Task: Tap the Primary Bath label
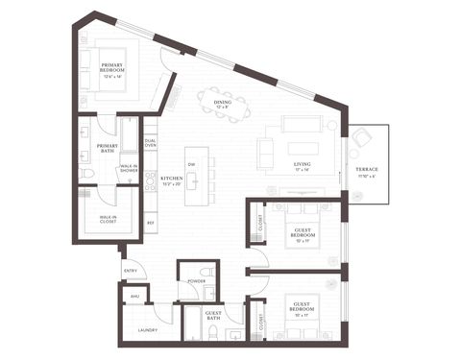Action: pyautogui.click(x=108, y=148)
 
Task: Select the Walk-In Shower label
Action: pyautogui.click(x=129, y=168)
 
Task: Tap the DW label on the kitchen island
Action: pyautogui.click(x=192, y=163)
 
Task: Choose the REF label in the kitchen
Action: pyautogui.click(x=151, y=223)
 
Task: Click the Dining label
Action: pyautogui.click(x=223, y=102)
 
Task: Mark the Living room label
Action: pyautogui.click(x=303, y=165)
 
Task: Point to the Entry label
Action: pyautogui.click(x=130, y=272)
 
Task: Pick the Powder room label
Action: pyautogui.click(x=196, y=282)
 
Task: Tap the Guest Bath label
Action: pyautogui.click(x=213, y=315)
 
